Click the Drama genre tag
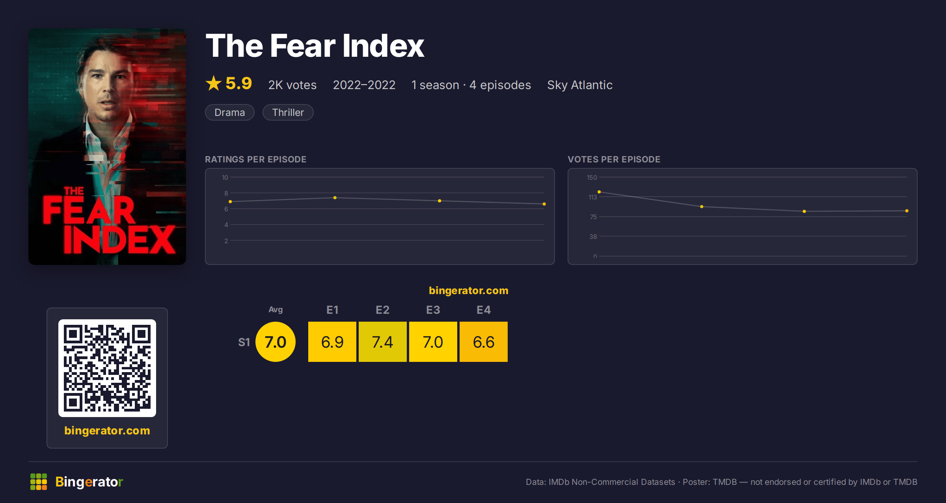[x=230, y=112]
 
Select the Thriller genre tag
[x=288, y=112]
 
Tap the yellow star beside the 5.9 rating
[x=214, y=83]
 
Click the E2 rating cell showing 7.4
[x=382, y=342]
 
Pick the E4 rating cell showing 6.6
[x=484, y=342]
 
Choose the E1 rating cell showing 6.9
[x=332, y=342]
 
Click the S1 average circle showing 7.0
[x=276, y=342]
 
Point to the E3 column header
[x=433, y=310]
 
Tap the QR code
[x=107, y=368]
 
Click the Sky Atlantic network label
[x=580, y=85]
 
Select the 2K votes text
[x=292, y=85]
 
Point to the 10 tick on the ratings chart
[x=225, y=177]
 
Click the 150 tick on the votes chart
[x=592, y=177]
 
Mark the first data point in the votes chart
[x=599, y=192]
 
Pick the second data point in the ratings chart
[x=335, y=197]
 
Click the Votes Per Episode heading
[x=614, y=159]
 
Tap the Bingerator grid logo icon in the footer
[x=39, y=482]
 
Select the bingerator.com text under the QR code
[x=107, y=430]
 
